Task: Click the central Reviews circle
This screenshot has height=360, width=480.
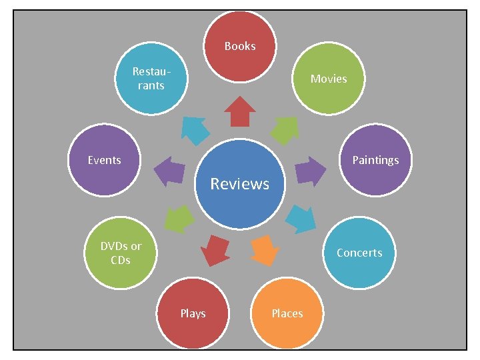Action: coord(240,183)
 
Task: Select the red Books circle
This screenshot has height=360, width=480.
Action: coord(239,46)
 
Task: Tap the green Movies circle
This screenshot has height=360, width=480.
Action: coord(328,79)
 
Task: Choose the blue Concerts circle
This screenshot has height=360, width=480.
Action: coord(359,253)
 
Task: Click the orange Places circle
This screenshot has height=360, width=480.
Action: coord(287,313)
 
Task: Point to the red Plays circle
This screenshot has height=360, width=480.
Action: coord(193,313)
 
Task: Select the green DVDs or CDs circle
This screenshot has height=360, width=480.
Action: coord(121,253)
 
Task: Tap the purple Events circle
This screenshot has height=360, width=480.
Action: coord(105,160)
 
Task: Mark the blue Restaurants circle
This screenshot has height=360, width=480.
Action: coord(149,79)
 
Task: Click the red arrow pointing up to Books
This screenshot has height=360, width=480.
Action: coord(239,111)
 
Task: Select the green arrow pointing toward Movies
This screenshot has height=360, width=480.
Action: coord(285,129)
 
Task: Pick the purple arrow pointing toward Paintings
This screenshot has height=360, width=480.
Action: coord(309,171)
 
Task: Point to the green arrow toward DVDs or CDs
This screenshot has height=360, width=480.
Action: coord(179,218)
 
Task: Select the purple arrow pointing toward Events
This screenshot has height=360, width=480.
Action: coord(169,171)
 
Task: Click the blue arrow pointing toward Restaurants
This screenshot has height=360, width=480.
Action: coord(195,129)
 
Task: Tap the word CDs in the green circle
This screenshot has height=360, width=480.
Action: coord(121,260)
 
